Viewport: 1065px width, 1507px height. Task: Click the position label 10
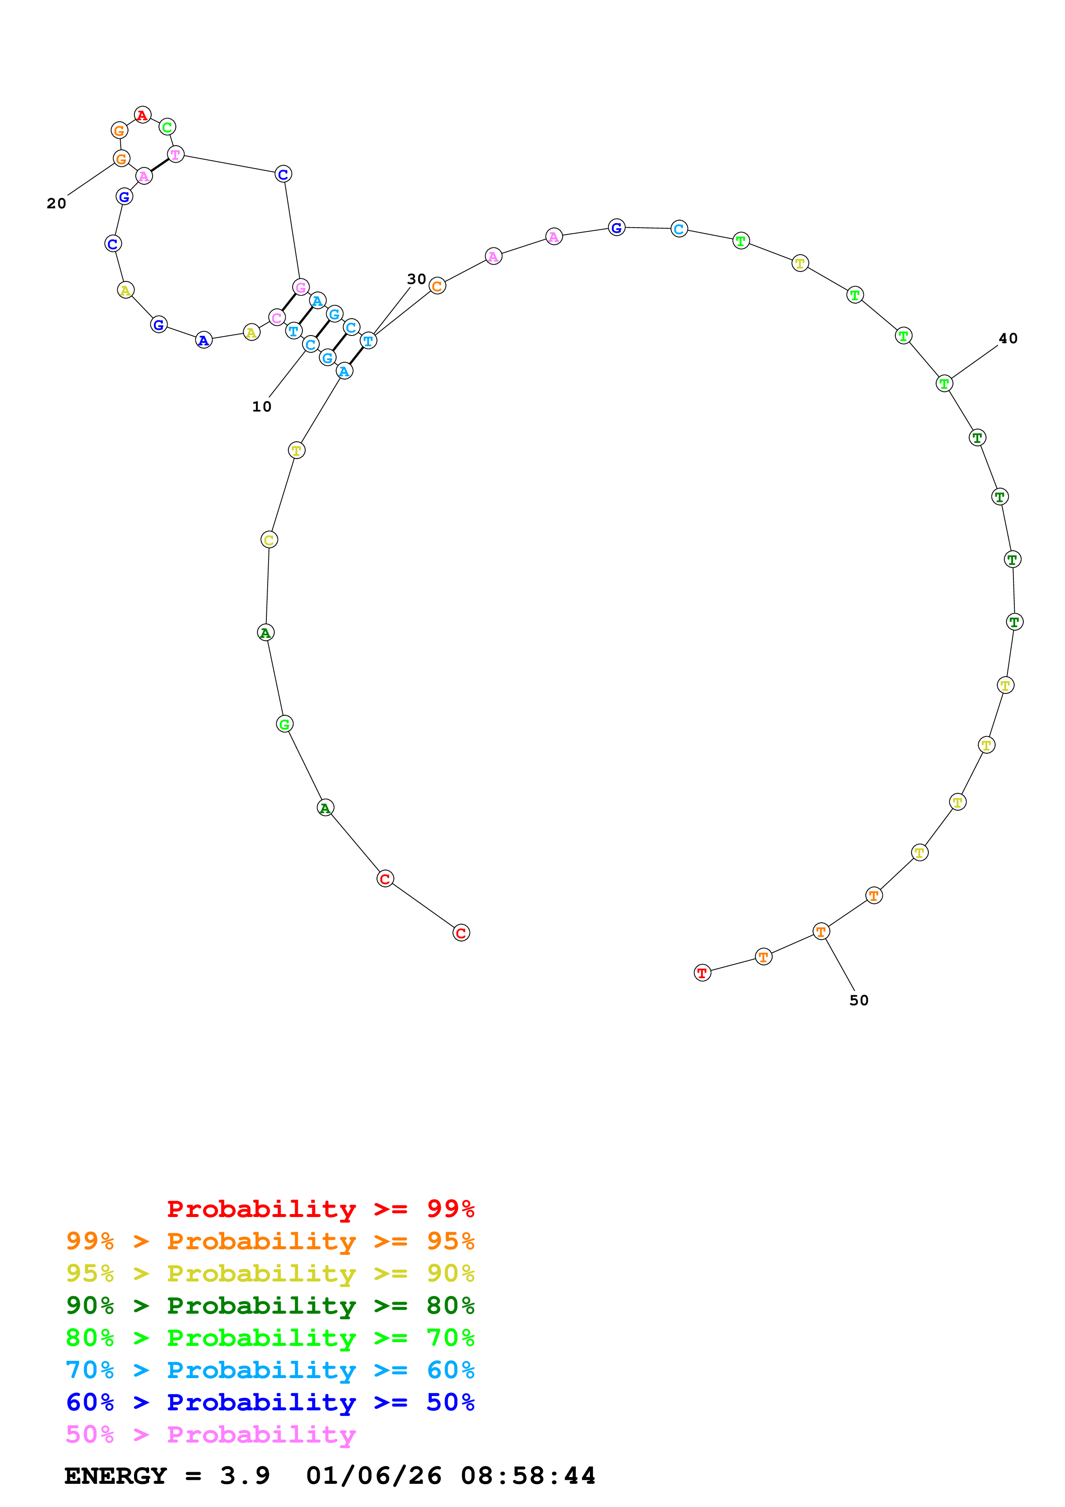click(x=261, y=407)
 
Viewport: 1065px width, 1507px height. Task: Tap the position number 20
click(x=56, y=204)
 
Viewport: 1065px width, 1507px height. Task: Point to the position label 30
click(x=416, y=279)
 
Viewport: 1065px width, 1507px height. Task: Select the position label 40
click(x=1007, y=339)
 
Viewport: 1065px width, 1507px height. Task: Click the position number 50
click(x=858, y=1000)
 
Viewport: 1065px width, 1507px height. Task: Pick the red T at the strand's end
click(x=702, y=973)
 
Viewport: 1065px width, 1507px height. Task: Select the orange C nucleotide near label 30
click(x=437, y=286)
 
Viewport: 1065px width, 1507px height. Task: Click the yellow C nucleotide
click(x=269, y=540)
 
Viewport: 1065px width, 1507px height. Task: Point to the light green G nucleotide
click(x=284, y=724)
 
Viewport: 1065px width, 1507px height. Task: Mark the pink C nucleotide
click(x=277, y=317)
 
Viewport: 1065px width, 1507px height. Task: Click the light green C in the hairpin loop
click(x=167, y=127)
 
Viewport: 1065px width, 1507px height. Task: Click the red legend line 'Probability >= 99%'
click(x=320, y=1209)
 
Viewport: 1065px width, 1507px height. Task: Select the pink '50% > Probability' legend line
click(x=210, y=1435)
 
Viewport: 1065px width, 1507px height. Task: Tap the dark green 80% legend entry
click(x=270, y=1306)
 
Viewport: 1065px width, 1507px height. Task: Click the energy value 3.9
click(x=245, y=1476)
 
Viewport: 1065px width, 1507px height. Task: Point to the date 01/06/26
click(x=373, y=1476)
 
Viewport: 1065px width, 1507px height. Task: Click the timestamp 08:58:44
click(x=528, y=1476)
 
